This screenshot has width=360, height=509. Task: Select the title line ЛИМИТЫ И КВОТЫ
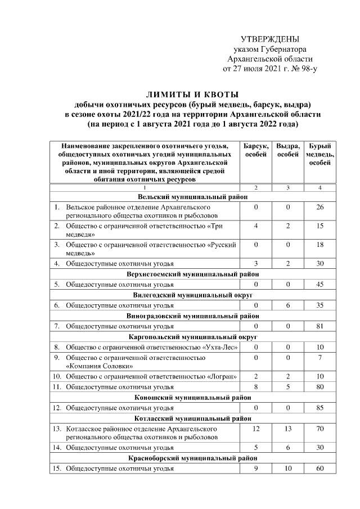[x=193, y=94]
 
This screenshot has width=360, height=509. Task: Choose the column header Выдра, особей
[x=287, y=150]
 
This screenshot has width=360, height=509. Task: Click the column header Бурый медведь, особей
[x=319, y=154]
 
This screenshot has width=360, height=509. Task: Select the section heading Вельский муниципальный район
[x=193, y=197]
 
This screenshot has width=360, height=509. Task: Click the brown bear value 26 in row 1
[x=319, y=208]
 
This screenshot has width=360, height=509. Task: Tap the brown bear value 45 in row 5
[x=319, y=285]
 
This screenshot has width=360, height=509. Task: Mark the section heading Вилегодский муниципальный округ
[x=193, y=295]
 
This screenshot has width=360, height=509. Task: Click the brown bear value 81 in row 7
[x=319, y=326]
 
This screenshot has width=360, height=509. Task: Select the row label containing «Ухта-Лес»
[x=151, y=346]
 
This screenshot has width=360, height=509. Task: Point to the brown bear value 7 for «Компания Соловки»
[x=319, y=357]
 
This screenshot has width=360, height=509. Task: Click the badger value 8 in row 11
[x=255, y=387]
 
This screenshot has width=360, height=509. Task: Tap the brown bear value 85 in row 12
[x=319, y=407]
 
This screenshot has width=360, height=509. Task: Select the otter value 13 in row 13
[x=287, y=428]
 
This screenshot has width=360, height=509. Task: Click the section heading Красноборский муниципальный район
[x=193, y=458]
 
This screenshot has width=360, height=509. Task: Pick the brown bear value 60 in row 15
[x=319, y=469]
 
